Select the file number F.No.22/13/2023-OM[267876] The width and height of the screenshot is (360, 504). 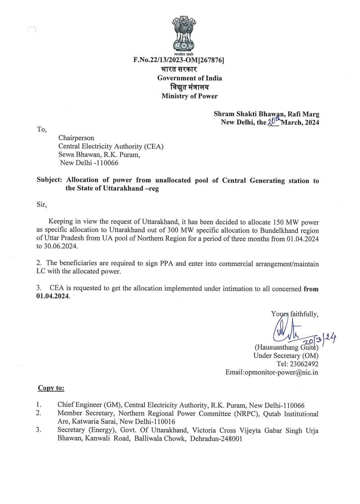point(179,60)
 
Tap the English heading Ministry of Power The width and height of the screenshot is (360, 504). point(190,96)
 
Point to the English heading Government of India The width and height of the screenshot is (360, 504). point(190,78)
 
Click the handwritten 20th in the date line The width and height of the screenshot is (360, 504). point(274,122)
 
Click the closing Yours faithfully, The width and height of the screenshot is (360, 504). point(295,314)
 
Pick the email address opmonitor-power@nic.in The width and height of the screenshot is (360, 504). point(287,372)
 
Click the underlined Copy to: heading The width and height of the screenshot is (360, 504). point(51,388)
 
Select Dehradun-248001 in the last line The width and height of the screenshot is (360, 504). point(216,438)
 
